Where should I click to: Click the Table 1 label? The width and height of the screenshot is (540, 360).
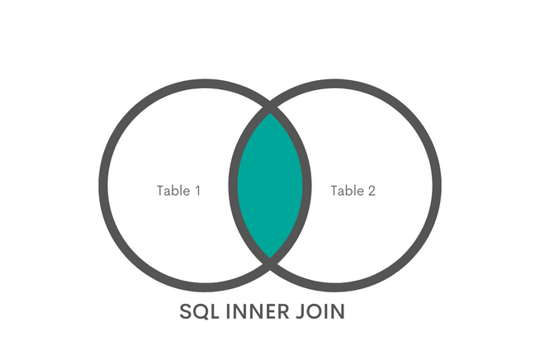(x=178, y=191)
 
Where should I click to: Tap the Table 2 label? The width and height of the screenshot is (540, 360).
(x=353, y=191)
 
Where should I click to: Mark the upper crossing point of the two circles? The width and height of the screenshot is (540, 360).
(x=270, y=107)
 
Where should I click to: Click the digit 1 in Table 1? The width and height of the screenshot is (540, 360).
(x=197, y=191)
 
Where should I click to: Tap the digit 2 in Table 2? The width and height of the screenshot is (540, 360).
(x=372, y=191)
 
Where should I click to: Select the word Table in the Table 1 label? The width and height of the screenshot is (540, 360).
(x=172, y=191)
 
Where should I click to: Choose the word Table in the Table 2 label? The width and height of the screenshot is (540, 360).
(x=347, y=191)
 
